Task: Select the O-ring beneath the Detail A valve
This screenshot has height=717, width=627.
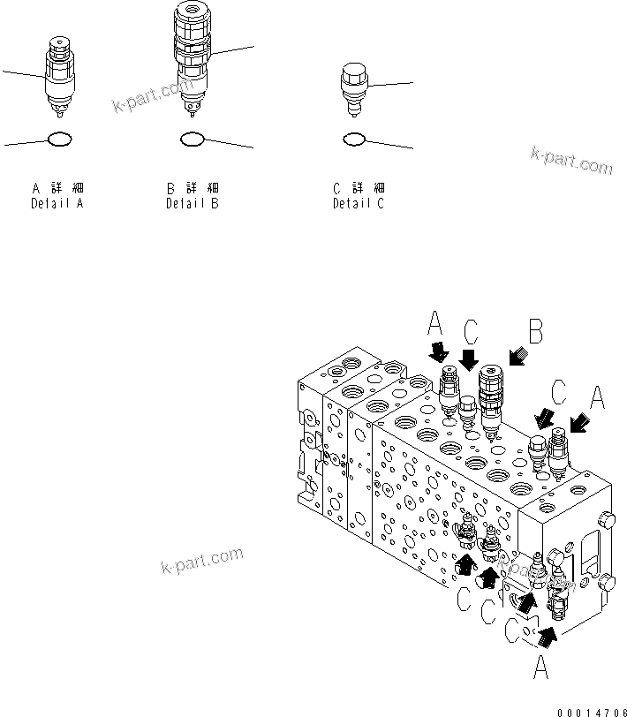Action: pyautogui.click(x=58, y=139)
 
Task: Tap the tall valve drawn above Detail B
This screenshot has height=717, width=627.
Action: pyautogui.click(x=192, y=57)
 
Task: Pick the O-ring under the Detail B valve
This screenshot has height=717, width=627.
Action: pyautogui.click(x=193, y=139)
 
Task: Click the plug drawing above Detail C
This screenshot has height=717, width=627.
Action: pyautogui.click(x=354, y=88)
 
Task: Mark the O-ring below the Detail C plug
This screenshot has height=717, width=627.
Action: pyautogui.click(x=354, y=139)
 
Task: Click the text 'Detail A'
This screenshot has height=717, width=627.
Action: pyautogui.click(x=58, y=204)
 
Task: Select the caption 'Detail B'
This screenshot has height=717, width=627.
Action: pyautogui.click(x=193, y=204)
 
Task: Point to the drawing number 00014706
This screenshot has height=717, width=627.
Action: pyautogui.click(x=589, y=710)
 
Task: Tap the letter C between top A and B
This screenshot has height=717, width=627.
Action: pyautogui.click(x=471, y=332)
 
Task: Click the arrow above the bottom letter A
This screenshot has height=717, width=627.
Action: pyautogui.click(x=548, y=632)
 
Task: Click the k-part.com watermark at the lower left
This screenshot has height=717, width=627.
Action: pyautogui.click(x=201, y=561)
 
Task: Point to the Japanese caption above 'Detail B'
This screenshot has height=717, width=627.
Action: pyautogui.click(x=193, y=188)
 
